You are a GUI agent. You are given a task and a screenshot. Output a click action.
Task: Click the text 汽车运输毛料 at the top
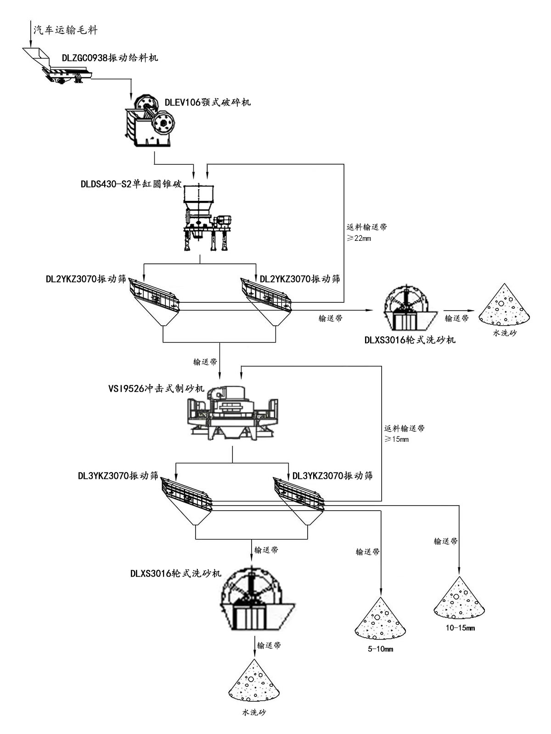tap(65, 30)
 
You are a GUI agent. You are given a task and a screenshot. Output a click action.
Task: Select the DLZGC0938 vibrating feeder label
tap(110, 58)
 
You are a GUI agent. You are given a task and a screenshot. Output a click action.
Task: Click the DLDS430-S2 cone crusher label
tap(131, 184)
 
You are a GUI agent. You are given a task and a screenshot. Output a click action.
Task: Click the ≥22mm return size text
tap(359, 238)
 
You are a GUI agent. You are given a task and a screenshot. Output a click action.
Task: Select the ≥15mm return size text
tap(397, 439)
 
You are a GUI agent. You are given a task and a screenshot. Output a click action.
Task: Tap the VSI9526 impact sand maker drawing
tap(232, 413)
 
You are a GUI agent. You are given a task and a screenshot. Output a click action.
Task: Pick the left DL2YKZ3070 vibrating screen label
tap(85, 278)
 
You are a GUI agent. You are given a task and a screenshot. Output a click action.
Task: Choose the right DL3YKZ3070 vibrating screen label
tap(332, 476)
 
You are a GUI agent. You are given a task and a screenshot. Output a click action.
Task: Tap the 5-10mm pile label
tap(381, 649)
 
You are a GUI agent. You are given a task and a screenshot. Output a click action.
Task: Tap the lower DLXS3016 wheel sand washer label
tap(176, 573)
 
